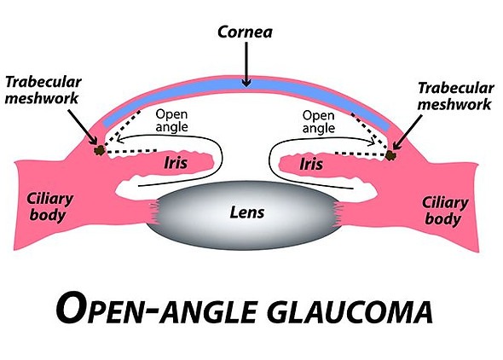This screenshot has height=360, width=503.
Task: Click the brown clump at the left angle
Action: [101, 151]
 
